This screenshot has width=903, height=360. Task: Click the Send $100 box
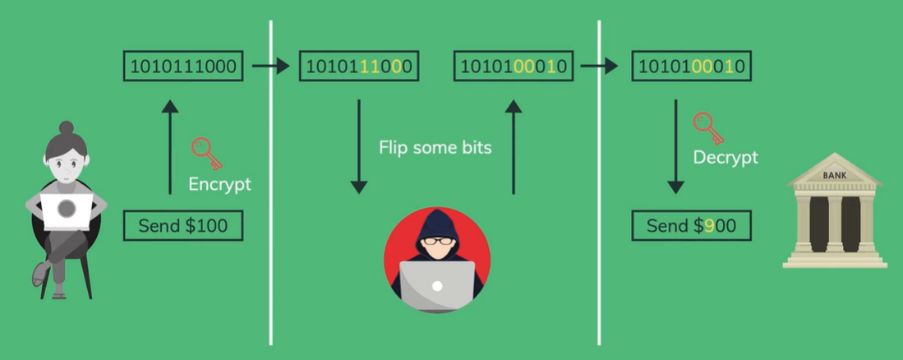point(182,225)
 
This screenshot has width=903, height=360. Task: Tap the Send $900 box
point(691,225)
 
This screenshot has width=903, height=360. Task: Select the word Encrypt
point(219,183)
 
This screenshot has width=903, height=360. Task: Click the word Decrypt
point(726,157)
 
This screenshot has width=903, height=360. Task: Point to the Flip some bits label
point(435,148)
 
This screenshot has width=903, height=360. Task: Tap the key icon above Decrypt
point(707,127)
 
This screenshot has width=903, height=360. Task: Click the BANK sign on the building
point(834,176)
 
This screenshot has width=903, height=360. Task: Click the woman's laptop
point(67,210)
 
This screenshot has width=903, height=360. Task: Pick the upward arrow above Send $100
point(170,147)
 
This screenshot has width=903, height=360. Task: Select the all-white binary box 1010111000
point(183,66)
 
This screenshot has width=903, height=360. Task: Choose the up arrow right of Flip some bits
point(514,147)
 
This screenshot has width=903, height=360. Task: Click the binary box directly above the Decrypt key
point(691,66)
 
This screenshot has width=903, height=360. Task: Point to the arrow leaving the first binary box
point(270,66)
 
